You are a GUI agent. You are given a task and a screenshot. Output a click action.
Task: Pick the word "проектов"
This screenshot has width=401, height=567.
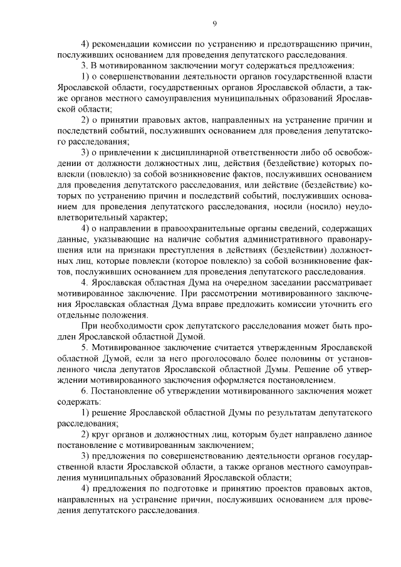coord(271,489)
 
